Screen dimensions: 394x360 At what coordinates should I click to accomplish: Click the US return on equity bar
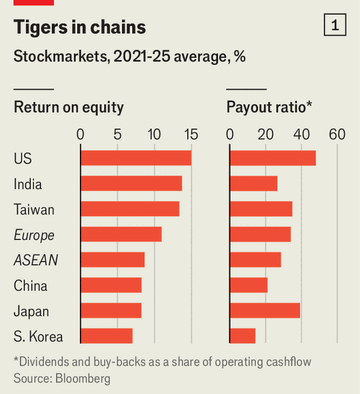click(x=136, y=158)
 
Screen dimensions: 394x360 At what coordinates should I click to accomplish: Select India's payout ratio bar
click(x=253, y=184)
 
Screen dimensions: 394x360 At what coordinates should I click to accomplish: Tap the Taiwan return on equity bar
click(x=130, y=209)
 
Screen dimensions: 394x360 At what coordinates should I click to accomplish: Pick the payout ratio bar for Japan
click(x=265, y=310)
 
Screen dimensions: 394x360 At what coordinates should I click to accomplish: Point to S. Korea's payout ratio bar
click(x=243, y=336)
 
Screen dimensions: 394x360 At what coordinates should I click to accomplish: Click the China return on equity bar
click(x=111, y=285)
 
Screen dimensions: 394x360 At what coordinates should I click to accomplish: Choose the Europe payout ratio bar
click(x=260, y=235)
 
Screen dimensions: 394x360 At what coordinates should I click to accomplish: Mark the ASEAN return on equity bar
click(x=112, y=260)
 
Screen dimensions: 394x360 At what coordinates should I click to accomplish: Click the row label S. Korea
click(x=38, y=337)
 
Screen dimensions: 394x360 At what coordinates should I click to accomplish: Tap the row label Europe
click(x=34, y=235)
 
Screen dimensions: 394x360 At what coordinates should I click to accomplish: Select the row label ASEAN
click(x=36, y=260)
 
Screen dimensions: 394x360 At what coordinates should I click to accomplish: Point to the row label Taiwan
click(x=34, y=210)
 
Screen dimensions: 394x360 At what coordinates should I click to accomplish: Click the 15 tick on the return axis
click(x=191, y=134)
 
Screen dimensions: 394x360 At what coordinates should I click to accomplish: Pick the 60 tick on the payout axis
click(x=337, y=134)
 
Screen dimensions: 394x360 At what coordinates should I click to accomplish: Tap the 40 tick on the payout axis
click(x=301, y=134)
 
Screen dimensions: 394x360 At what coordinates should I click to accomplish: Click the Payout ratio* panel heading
click(x=269, y=107)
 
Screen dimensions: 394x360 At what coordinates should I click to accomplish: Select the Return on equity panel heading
click(x=69, y=107)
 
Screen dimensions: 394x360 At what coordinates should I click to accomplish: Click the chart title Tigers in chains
click(x=79, y=27)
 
